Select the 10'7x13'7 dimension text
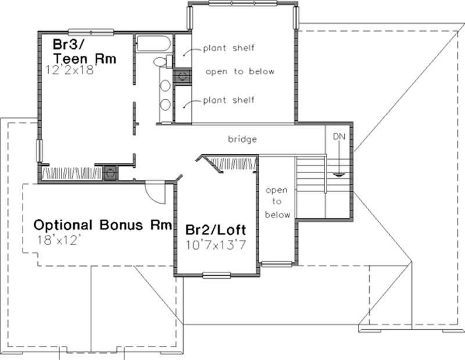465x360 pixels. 213,244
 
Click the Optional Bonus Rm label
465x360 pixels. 102,225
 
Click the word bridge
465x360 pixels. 242,139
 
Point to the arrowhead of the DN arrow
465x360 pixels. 339,172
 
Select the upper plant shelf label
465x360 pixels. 228,48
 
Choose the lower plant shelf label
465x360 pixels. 228,100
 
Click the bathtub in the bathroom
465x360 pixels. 153,44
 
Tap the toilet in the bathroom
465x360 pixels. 160,62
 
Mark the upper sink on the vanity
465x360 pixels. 165,85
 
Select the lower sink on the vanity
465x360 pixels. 165,105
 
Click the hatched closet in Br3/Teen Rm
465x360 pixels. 72,173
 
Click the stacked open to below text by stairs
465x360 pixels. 277,202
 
